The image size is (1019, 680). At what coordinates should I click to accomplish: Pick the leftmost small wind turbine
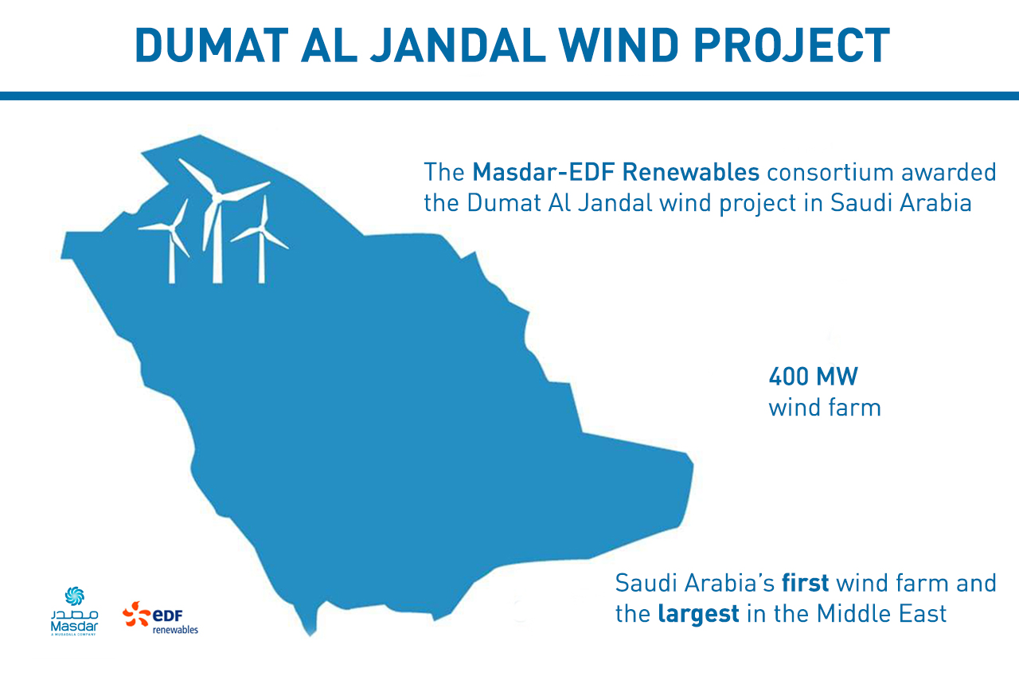pyautogui.click(x=170, y=239)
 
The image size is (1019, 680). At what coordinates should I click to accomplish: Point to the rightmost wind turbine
pyautogui.click(x=261, y=239)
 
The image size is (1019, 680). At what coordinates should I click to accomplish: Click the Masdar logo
pyautogui.click(x=74, y=612)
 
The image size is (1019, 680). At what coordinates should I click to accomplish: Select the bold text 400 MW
pyautogui.click(x=813, y=375)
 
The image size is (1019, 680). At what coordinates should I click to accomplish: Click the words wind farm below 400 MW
pyautogui.click(x=824, y=408)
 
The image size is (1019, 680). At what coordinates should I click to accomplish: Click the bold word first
pyautogui.click(x=806, y=583)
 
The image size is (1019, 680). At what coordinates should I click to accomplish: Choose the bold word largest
pyautogui.click(x=698, y=614)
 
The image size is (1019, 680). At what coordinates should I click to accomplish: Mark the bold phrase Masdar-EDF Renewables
pyautogui.click(x=616, y=171)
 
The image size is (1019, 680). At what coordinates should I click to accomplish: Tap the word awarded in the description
pyautogui.click(x=952, y=171)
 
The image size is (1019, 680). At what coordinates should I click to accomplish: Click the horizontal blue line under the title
pyautogui.click(x=509, y=96)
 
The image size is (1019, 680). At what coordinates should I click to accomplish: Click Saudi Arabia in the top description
pyautogui.click(x=901, y=202)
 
